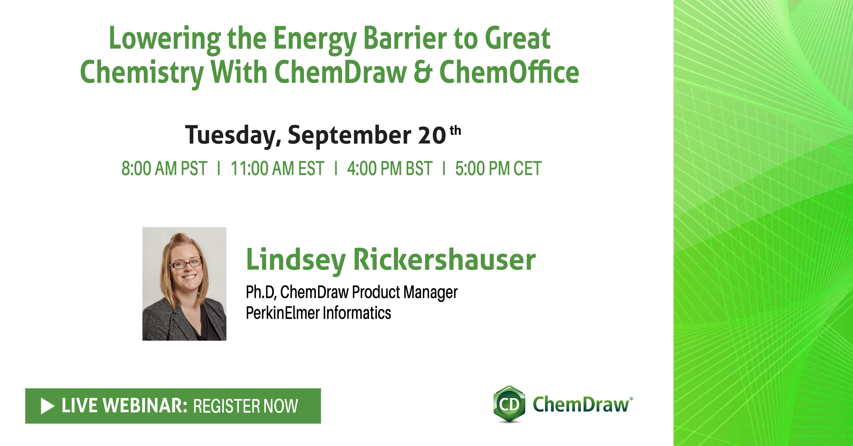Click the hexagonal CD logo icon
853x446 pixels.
click(x=509, y=404)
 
